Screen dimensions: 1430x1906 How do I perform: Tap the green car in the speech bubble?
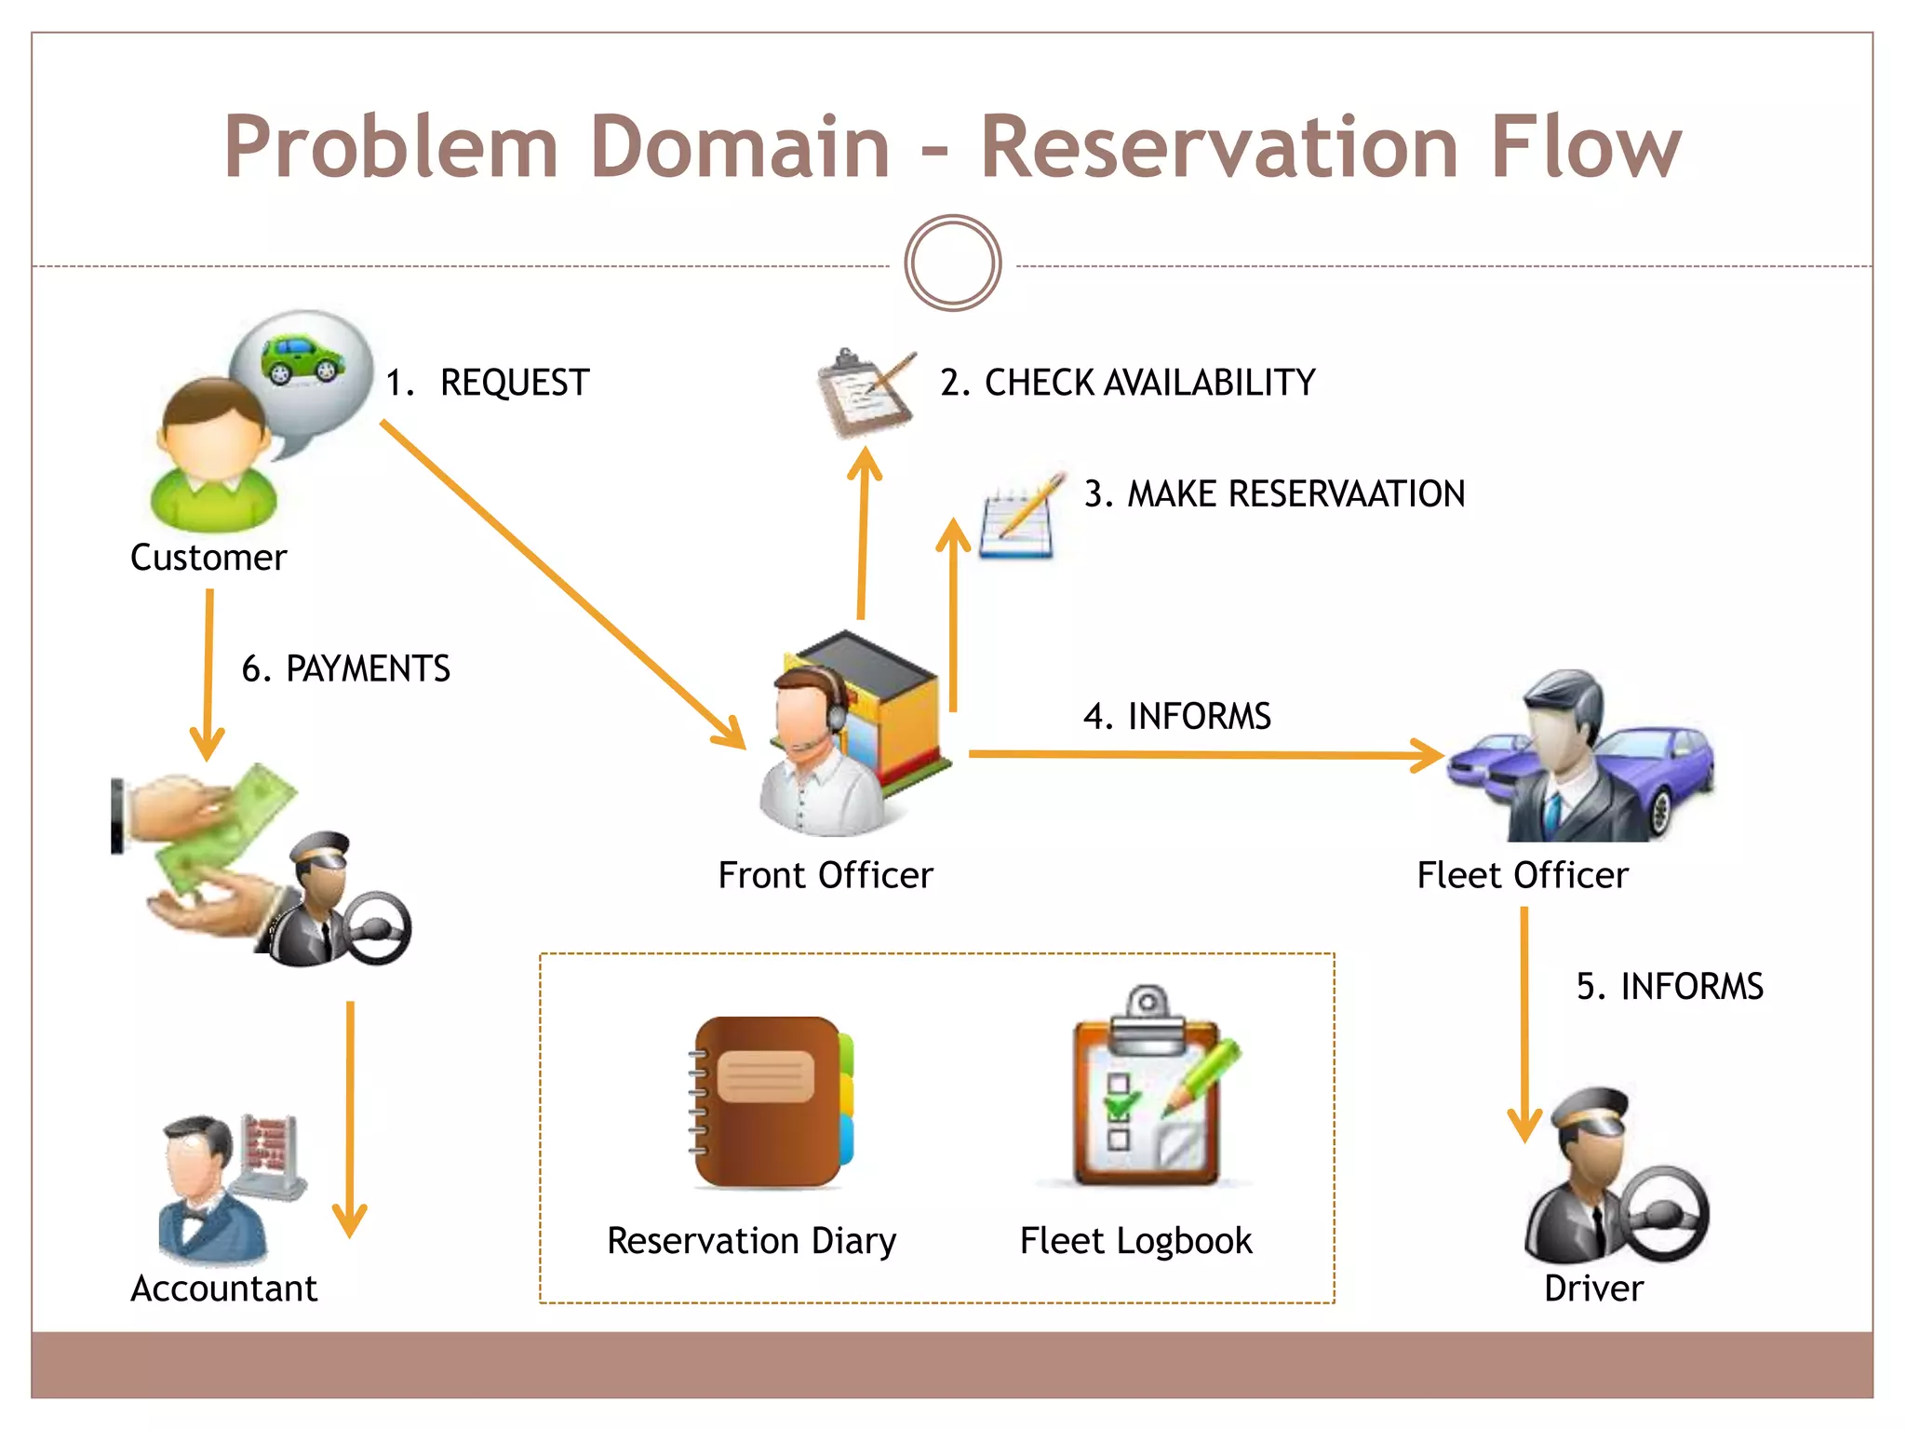302,359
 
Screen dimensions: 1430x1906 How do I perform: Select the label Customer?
208,558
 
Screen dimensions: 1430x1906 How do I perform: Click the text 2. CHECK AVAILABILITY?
1127,383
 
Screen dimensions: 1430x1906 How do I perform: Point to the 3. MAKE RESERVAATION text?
1274,493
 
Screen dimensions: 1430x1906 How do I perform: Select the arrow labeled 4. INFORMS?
1201,754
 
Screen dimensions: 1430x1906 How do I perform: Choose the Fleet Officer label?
1523,875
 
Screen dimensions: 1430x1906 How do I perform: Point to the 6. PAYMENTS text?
345,668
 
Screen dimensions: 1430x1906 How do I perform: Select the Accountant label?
223,1288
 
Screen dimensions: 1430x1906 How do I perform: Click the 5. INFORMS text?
1669,986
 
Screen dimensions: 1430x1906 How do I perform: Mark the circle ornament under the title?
952,263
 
